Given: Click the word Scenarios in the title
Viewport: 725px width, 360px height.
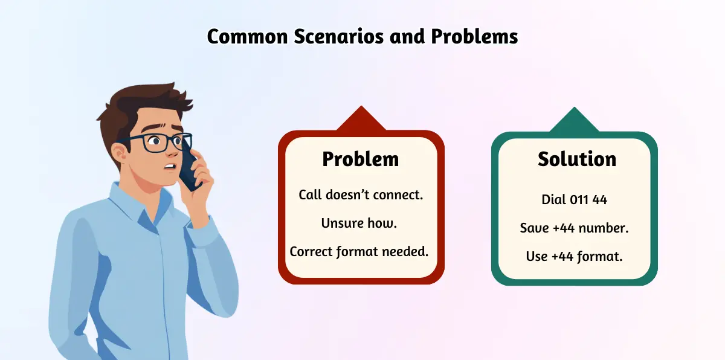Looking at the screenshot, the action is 338,36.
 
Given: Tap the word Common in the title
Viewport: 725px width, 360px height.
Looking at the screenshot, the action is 248,36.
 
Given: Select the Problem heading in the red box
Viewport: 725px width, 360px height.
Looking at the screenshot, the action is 361,159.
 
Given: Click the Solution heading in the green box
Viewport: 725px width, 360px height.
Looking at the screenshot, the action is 577,159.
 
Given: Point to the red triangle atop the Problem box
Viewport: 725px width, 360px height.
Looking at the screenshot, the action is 361,120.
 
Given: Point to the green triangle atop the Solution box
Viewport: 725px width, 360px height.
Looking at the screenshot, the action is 575,121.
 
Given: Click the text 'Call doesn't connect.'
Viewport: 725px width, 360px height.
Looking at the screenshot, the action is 361,194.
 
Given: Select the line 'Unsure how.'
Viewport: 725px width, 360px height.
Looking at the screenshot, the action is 359,223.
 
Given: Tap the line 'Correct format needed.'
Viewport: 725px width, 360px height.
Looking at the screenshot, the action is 359,252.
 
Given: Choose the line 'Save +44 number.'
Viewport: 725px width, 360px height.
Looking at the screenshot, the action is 574,228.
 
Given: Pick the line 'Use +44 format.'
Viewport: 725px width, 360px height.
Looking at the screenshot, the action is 574,257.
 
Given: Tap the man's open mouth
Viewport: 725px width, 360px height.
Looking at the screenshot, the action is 170,167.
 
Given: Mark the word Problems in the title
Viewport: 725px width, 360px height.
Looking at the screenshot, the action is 474,36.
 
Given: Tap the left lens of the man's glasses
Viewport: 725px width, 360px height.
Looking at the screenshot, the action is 156,143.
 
